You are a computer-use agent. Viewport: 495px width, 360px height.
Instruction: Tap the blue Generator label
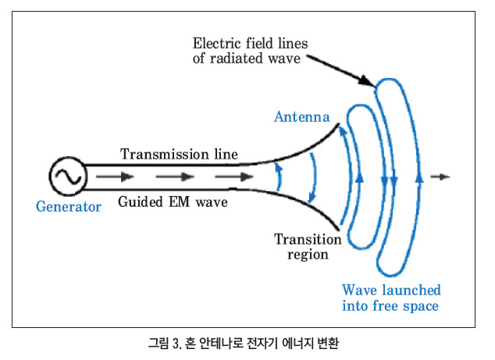(69, 207)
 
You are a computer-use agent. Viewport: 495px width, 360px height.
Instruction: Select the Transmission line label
(179, 154)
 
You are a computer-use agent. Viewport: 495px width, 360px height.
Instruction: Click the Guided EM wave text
(173, 201)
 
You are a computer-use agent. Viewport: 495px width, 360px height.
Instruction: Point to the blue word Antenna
(302, 117)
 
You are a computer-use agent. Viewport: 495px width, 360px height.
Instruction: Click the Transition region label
(308, 247)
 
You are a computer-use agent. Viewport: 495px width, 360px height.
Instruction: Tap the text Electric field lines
(250, 43)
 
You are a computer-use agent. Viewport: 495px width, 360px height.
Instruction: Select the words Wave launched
(391, 290)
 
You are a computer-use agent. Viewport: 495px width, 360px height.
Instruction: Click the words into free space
(390, 305)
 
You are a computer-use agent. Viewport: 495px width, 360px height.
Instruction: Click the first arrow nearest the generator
(115, 176)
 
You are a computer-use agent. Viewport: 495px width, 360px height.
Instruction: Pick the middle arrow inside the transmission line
(175, 176)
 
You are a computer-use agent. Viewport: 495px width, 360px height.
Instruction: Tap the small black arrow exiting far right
(440, 176)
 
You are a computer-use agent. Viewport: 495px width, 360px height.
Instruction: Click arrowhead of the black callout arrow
(367, 80)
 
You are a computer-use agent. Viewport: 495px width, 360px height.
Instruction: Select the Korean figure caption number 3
(176, 344)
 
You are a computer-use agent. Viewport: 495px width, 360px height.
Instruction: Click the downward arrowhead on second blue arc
(312, 198)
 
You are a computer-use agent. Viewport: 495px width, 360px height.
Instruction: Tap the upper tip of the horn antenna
(339, 123)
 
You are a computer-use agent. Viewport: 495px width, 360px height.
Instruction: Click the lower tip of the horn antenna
(339, 230)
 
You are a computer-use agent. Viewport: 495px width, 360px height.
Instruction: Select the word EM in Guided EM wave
(180, 201)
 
